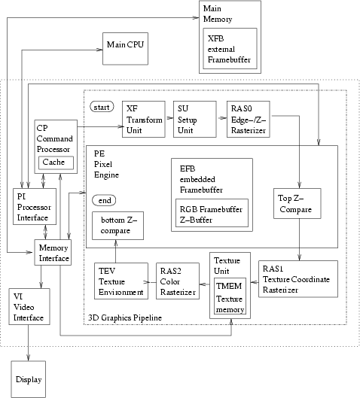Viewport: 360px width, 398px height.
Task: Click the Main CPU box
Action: [123, 46]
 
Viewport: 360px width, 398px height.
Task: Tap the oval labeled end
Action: [103, 200]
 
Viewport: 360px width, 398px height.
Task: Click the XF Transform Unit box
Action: [143, 119]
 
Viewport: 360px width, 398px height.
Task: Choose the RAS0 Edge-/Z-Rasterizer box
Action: [247, 119]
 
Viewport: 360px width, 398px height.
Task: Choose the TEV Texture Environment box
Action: [121, 280]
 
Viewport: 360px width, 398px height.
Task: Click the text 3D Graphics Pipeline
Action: [124, 319]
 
